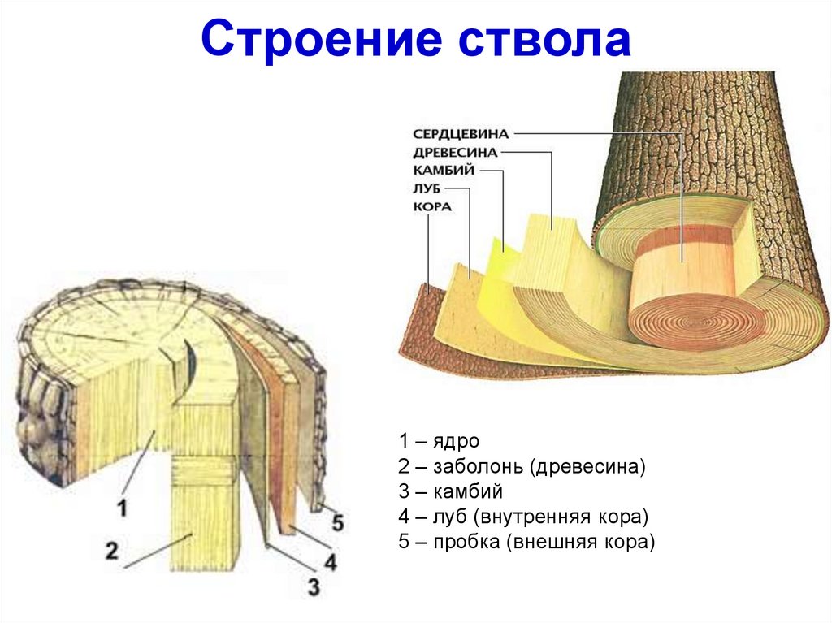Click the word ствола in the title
coord(546,41)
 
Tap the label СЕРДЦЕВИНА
coord(460,133)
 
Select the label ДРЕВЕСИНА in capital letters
coord(455,152)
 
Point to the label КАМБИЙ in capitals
coord(444,171)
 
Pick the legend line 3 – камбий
coord(451,491)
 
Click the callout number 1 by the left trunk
coord(122,509)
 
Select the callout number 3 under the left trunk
coord(314,586)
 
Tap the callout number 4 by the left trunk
coord(330,560)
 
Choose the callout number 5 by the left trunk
coord(337,522)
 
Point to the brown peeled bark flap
coord(431,325)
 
